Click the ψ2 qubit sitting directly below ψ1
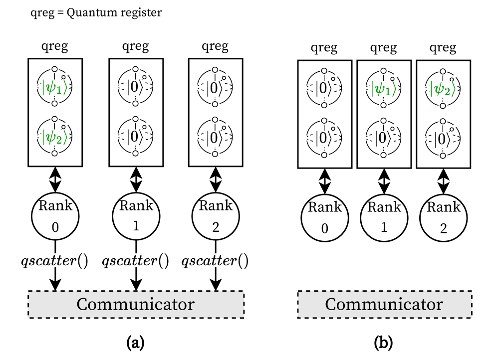55,136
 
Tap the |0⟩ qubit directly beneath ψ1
384,138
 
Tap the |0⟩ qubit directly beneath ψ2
443,138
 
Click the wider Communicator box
136,304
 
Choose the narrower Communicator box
384,305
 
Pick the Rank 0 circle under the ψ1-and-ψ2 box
55,216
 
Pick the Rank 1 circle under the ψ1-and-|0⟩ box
384,218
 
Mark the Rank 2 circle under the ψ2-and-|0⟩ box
443,218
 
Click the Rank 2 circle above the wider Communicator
216,216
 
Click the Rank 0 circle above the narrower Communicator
324,218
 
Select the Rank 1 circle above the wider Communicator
136,216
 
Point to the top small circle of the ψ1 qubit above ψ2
55,69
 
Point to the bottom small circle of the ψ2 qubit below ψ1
55,153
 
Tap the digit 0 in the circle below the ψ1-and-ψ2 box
55,228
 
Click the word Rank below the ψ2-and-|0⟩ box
443,207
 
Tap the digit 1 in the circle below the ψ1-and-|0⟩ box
384,228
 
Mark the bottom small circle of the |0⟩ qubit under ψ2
443,155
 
